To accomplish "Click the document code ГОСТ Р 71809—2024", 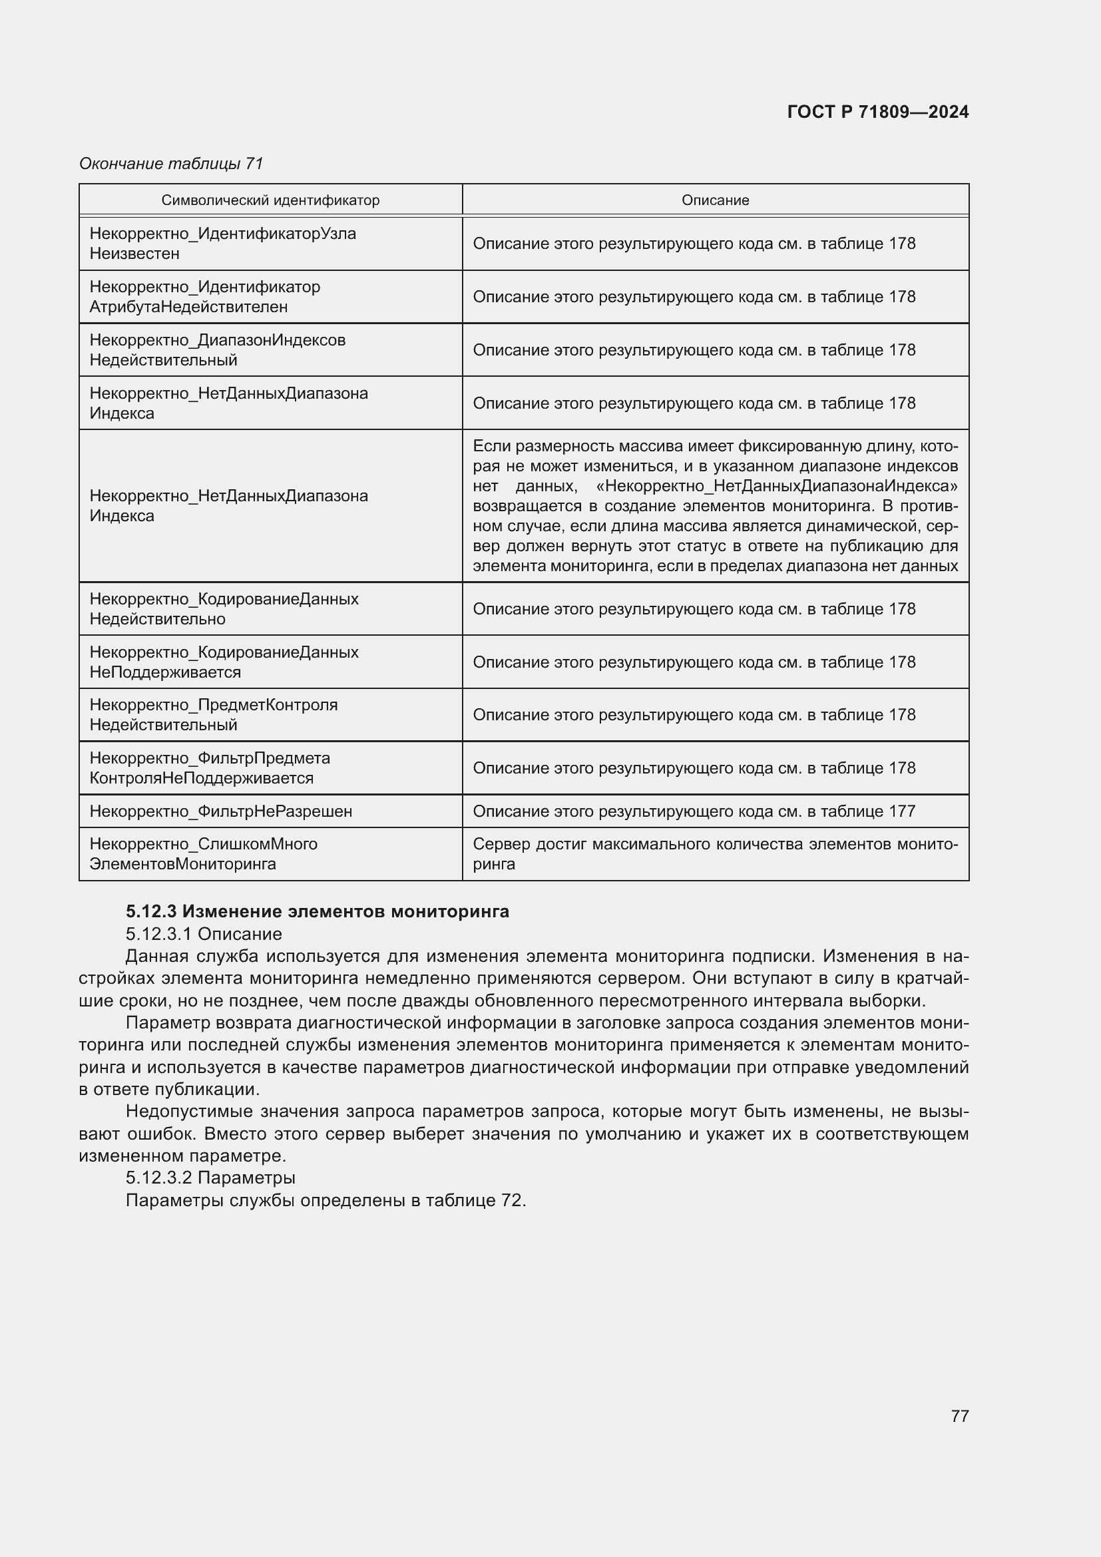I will (877, 112).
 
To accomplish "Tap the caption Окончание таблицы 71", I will (171, 164).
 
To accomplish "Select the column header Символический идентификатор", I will (270, 200).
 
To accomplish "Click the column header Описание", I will (714, 200).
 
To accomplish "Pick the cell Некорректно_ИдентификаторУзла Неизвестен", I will (222, 244).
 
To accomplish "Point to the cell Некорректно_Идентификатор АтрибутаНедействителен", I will (205, 296).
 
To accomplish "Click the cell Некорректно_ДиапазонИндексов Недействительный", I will (217, 350).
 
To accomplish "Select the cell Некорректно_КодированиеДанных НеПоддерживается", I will (224, 662).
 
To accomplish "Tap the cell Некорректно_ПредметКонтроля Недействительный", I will (213, 715).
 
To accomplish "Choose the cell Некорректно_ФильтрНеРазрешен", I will (220, 811).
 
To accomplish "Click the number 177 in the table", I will (901, 811).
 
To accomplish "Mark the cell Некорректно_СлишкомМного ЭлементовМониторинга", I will (204, 854).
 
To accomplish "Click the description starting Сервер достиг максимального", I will (714, 854).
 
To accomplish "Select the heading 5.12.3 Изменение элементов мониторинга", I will (318, 911).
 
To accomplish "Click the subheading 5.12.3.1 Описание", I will (204, 934).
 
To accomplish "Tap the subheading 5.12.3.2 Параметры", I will (210, 1178).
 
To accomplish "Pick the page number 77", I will (959, 1416).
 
